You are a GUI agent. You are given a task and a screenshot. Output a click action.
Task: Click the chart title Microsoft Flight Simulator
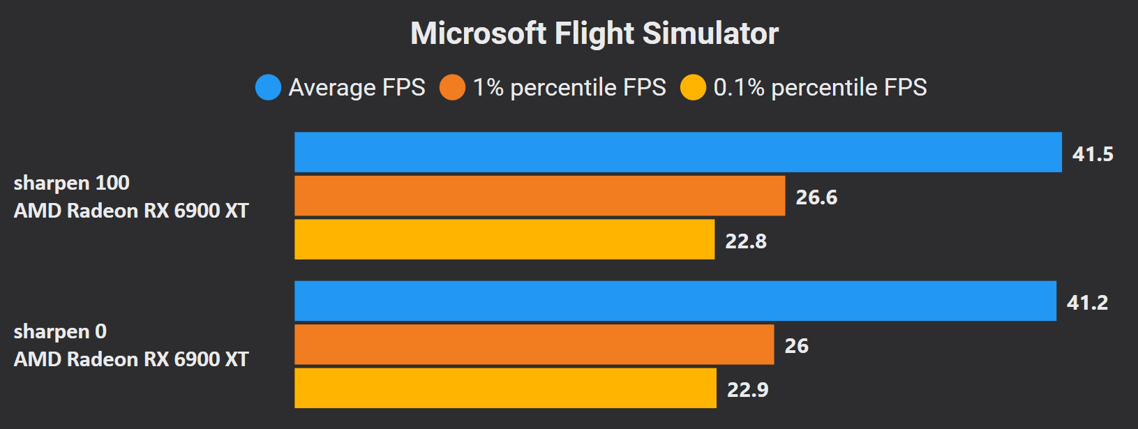594,33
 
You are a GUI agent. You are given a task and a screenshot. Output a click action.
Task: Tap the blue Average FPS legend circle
268,87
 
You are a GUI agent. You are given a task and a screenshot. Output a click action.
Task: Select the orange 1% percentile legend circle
452,87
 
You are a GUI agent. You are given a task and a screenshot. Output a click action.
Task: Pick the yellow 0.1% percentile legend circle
693,87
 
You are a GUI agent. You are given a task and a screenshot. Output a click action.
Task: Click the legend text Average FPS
357,87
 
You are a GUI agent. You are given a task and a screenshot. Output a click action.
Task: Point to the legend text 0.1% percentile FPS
820,87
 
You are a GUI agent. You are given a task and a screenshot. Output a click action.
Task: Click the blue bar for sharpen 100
677,152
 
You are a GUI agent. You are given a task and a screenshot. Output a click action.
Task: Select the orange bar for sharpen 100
539,196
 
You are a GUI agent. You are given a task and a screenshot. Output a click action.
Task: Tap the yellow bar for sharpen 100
504,239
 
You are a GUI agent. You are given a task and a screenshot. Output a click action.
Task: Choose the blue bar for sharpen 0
675,301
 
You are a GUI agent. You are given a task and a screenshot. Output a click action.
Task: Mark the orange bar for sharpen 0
534,345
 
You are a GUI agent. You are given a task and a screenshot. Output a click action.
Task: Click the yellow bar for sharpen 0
505,388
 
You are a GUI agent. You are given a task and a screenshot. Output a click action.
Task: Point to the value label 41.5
1093,154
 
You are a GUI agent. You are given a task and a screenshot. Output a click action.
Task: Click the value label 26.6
816,197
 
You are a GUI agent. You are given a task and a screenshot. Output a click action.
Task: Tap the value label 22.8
746,241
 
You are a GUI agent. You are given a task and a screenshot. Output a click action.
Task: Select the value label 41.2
1087,303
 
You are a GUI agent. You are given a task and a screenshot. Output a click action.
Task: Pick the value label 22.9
747,390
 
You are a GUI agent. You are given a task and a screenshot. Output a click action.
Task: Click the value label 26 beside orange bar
796,346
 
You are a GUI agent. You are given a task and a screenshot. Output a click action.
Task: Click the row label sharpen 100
71,183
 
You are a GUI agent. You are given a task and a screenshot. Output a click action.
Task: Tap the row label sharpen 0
60,331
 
